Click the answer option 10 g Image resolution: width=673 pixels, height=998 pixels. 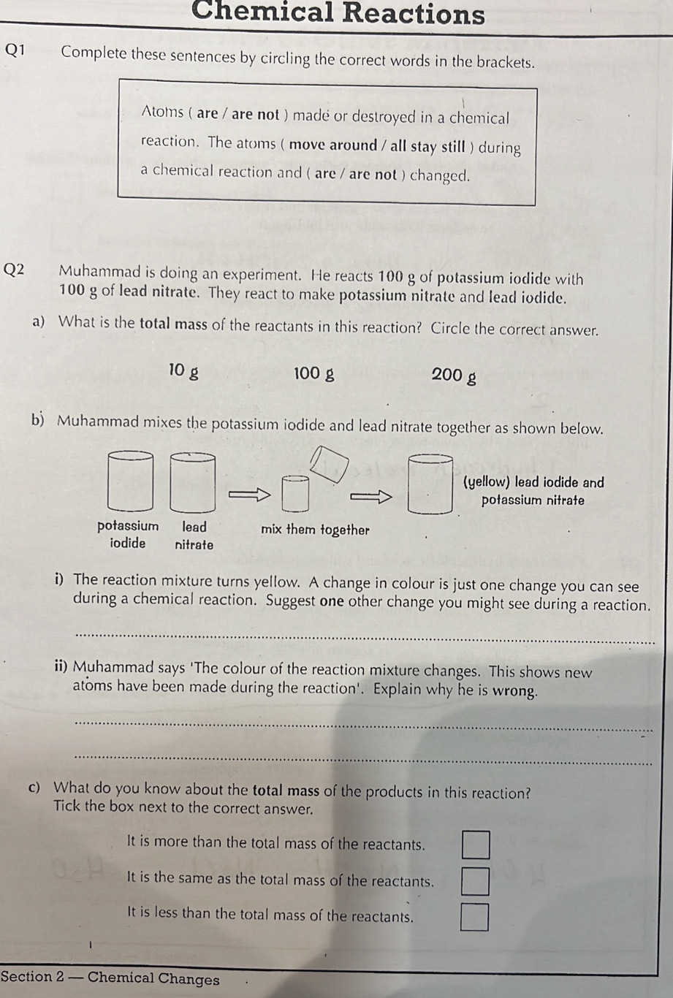(x=183, y=371)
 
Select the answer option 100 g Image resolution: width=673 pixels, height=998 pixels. (x=314, y=374)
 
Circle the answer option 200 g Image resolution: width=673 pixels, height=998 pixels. (x=454, y=376)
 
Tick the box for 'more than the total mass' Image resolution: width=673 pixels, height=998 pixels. (x=475, y=846)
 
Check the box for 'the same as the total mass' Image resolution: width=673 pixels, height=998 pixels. (x=475, y=881)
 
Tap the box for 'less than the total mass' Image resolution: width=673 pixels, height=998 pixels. (x=475, y=917)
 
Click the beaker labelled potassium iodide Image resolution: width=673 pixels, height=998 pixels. (x=131, y=481)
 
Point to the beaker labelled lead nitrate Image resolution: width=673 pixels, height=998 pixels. (x=193, y=482)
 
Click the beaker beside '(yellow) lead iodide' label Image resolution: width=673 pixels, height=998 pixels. (x=430, y=484)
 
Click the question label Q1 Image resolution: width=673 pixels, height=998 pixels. (x=15, y=50)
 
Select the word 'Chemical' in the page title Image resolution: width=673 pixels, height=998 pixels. (x=262, y=12)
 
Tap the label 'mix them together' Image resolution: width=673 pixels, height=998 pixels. (x=315, y=530)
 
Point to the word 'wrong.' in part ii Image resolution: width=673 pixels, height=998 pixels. (x=516, y=691)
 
